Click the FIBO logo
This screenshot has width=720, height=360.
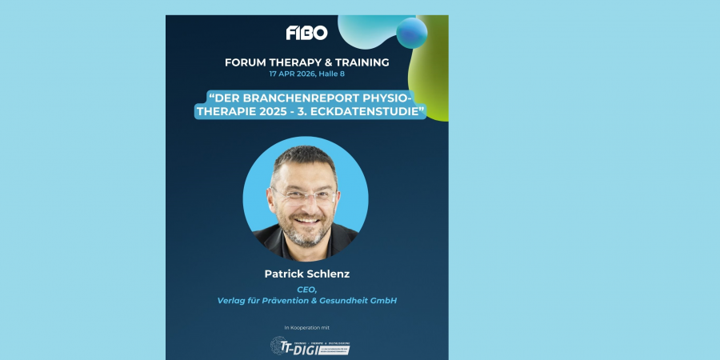[x=306, y=33]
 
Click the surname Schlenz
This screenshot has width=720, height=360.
[x=329, y=274]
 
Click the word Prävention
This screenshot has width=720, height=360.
[x=286, y=301]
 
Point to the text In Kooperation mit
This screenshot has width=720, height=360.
[x=307, y=327]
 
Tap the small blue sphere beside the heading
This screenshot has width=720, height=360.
[x=412, y=32]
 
